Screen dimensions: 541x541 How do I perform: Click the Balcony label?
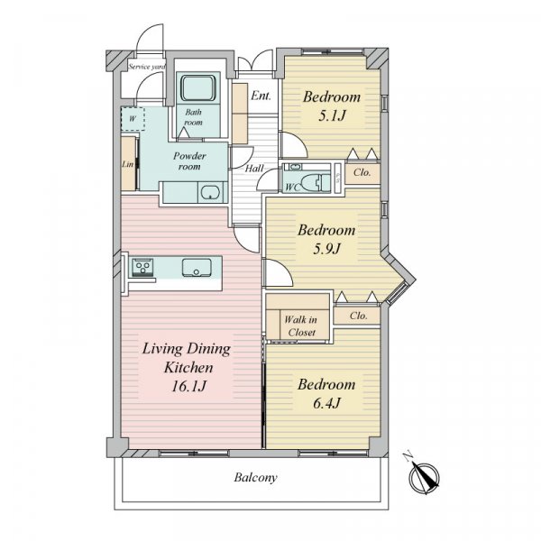pyautogui.click(x=255, y=478)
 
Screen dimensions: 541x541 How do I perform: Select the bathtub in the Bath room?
pyautogui.click(x=198, y=88)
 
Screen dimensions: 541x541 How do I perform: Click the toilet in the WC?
pyautogui.click(x=312, y=182)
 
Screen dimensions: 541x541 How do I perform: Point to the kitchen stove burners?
pyautogui.click(x=142, y=267)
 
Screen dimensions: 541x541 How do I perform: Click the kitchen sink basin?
pyautogui.click(x=197, y=268)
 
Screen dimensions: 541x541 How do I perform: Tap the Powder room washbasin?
pyautogui.click(x=211, y=193)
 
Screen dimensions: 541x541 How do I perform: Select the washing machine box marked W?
pyautogui.click(x=133, y=119)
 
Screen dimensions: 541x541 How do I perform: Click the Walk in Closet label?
pyautogui.click(x=300, y=326)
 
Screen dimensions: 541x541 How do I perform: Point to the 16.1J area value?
pyautogui.click(x=188, y=386)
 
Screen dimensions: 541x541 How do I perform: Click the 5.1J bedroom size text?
pyautogui.click(x=331, y=115)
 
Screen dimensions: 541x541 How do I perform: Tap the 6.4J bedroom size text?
pyautogui.click(x=326, y=403)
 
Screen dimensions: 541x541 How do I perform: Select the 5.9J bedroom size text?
pyautogui.click(x=326, y=249)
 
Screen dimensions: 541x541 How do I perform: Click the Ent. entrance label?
pyautogui.click(x=261, y=96)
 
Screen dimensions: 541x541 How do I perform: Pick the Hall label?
pyautogui.click(x=254, y=169)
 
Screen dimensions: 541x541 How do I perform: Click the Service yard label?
pyautogui.click(x=147, y=67)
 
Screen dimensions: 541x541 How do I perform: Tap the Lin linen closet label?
pyautogui.click(x=128, y=164)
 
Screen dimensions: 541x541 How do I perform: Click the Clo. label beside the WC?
pyautogui.click(x=362, y=172)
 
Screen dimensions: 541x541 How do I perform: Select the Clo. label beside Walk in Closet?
pyautogui.click(x=359, y=316)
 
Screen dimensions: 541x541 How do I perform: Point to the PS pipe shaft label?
pyautogui.click(x=338, y=177)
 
